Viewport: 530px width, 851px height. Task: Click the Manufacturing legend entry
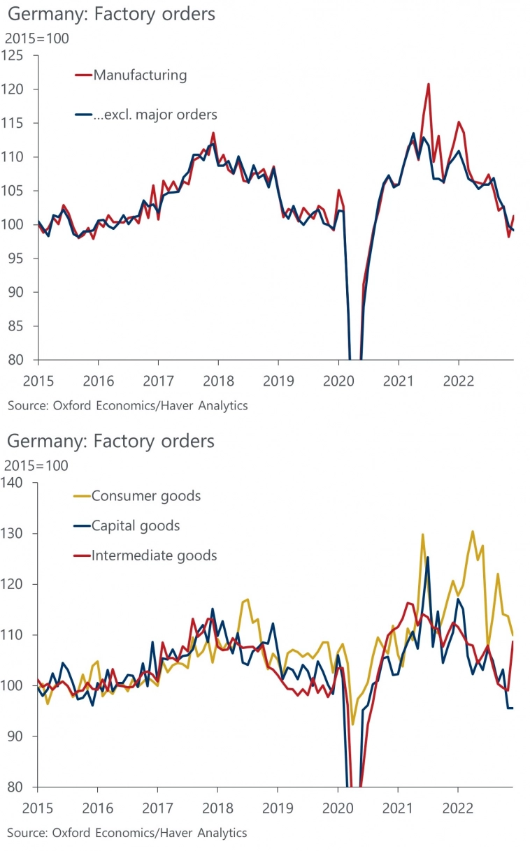coord(140,75)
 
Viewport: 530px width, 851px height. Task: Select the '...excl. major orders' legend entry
coord(155,115)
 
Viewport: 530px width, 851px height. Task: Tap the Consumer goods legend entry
coord(146,496)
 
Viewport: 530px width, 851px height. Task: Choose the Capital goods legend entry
coord(136,525)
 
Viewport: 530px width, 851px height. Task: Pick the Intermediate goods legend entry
coord(155,555)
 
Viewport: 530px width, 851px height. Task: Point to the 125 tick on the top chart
coord(14,55)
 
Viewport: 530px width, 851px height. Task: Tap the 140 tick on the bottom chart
coord(14,482)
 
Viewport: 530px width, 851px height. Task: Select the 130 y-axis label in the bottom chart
coord(14,533)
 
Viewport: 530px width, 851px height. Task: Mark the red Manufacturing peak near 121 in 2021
coord(428,85)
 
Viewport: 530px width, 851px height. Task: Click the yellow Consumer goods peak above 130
coord(473,532)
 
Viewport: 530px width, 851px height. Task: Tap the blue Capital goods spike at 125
coord(427,558)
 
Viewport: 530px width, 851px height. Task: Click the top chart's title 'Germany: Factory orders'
coord(111,13)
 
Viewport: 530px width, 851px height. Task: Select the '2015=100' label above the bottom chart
coord(36,465)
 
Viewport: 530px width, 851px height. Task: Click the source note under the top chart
coord(127,405)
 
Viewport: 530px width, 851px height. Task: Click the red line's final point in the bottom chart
coord(513,641)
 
